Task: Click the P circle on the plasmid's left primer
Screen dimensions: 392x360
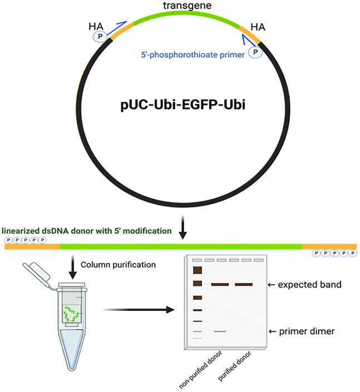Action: [99, 36]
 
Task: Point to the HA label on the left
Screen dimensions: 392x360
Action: [96, 26]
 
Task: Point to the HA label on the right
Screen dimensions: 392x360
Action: [258, 26]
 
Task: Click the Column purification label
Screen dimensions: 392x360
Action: [119, 265]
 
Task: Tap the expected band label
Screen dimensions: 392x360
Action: [309, 284]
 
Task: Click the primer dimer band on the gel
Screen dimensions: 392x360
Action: [220, 331]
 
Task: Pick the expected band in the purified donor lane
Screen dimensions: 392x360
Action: [244, 285]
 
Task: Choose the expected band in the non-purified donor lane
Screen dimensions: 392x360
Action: [220, 285]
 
